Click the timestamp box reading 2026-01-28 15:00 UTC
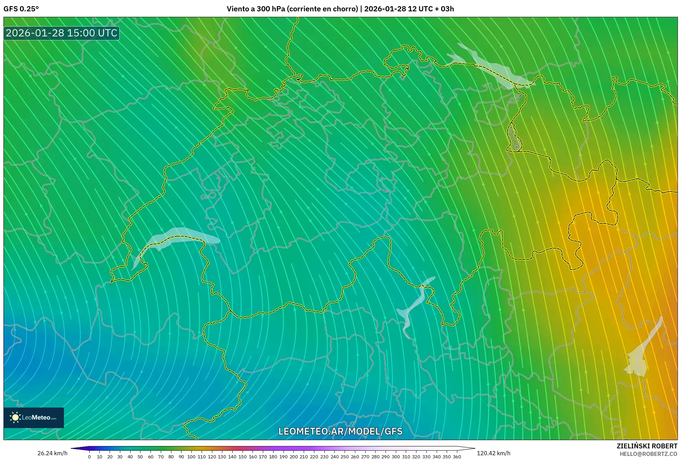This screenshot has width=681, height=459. click(62, 33)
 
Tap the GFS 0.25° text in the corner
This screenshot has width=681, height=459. click(21, 9)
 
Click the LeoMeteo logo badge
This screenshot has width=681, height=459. click(34, 417)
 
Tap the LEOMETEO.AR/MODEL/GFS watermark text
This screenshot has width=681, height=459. click(340, 431)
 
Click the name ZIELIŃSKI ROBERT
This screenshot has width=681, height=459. click(647, 446)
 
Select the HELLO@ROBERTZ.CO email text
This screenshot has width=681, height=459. click(648, 454)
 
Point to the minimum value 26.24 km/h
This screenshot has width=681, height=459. click(52, 453)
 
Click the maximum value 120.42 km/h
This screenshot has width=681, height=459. click(493, 453)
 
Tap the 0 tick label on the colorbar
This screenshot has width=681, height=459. click(89, 457)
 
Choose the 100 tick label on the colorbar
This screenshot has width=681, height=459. click(191, 457)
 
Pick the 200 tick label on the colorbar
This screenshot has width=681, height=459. click(293, 457)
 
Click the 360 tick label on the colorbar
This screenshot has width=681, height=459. click(457, 457)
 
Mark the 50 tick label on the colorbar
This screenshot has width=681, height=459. click(140, 457)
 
